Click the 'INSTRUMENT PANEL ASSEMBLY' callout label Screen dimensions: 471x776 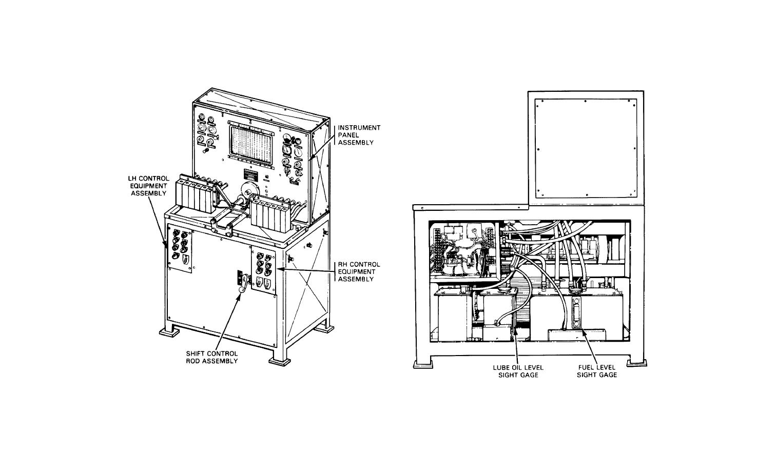pyautogui.click(x=359, y=135)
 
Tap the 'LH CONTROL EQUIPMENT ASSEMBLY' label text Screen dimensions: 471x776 pyautogui.click(x=148, y=186)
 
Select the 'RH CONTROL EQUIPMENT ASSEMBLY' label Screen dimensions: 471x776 pyautogui.click(x=359, y=271)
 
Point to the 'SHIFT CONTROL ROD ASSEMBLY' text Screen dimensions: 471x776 pyautogui.click(x=212, y=357)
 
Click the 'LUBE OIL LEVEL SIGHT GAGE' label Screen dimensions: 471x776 pyautogui.click(x=518, y=371)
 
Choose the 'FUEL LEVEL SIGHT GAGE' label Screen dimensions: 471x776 pyautogui.click(x=596, y=371)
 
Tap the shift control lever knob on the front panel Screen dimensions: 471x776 pyautogui.click(x=240, y=291)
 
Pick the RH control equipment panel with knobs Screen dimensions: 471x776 pyautogui.click(x=264, y=271)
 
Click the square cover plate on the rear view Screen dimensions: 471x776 pyautogui.click(x=586, y=148)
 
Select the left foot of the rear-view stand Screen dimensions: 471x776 pyautogui.click(x=422, y=364)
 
